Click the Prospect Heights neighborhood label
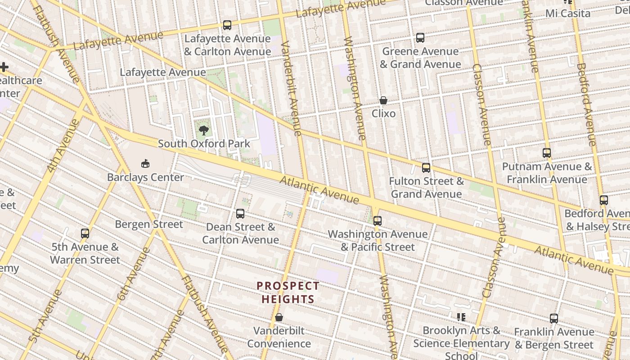click(288, 292)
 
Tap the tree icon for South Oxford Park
click(204, 130)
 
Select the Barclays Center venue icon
click(145, 163)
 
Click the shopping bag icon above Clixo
click(383, 100)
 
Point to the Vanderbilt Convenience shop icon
click(279, 317)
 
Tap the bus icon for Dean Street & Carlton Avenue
click(240, 213)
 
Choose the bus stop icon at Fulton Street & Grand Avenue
click(426, 168)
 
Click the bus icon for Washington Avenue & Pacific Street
click(378, 220)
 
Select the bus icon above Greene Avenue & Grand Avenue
click(420, 38)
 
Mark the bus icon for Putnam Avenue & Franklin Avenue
click(547, 153)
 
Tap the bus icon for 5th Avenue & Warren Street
click(85, 233)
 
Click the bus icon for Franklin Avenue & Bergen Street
click(554, 319)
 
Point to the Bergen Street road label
click(149, 224)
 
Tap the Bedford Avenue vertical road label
click(586, 103)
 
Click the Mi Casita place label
click(567, 13)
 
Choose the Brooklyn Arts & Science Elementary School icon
click(461, 317)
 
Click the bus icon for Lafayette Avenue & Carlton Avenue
click(227, 25)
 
